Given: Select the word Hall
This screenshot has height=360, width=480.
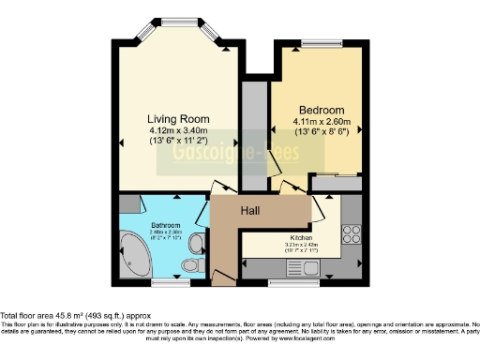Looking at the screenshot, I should click(x=250, y=210).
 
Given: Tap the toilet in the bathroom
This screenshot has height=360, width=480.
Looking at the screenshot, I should click(x=192, y=266).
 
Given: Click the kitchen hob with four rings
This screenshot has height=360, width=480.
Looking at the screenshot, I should click(x=352, y=232).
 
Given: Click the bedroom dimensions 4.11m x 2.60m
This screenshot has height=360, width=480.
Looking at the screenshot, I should click(x=322, y=121).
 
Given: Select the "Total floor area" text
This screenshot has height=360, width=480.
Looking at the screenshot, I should click(x=75, y=316).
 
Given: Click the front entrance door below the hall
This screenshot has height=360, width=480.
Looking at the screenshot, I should click(x=222, y=277).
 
